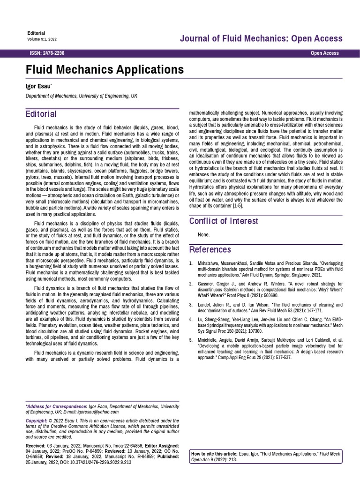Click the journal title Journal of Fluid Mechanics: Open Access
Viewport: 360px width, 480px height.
261,38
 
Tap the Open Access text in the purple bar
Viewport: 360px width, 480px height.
324,53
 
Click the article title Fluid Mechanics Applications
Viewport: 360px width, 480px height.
104,70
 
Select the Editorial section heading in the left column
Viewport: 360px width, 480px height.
41,114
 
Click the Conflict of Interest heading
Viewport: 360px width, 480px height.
223,221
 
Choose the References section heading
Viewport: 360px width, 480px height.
210,249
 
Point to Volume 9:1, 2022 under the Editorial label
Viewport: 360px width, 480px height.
42,39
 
